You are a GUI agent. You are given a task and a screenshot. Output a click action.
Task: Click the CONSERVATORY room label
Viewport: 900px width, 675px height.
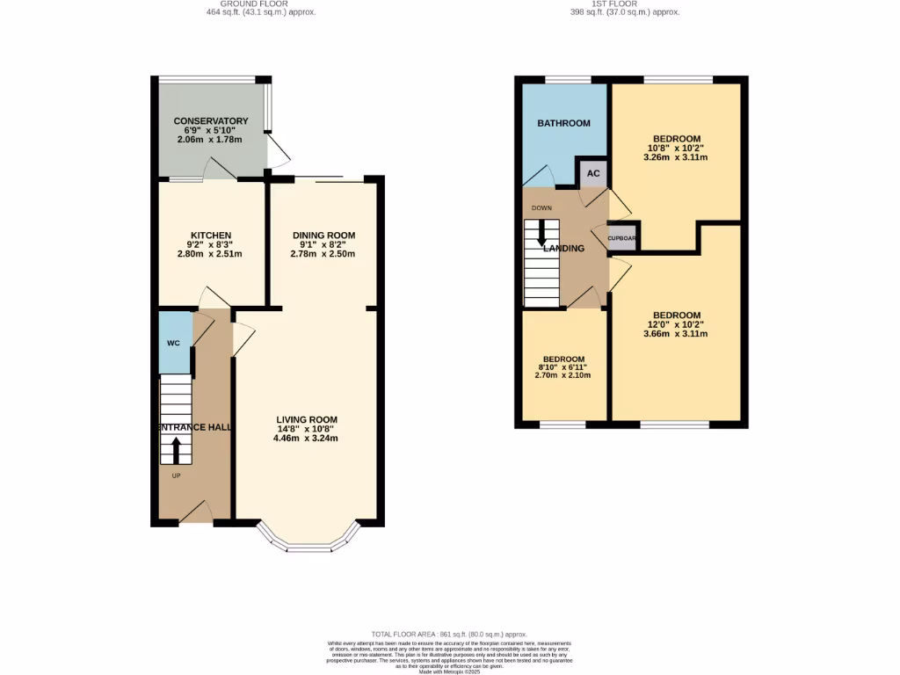(x=210, y=121)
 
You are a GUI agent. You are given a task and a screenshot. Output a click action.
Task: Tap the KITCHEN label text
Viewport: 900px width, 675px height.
(x=209, y=236)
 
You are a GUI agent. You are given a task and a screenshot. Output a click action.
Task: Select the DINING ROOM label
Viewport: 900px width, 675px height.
(x=324, y=236)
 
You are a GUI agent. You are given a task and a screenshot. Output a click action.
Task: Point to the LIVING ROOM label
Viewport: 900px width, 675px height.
(x=306, y=419)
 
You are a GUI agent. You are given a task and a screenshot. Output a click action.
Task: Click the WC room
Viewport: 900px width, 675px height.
(x=174, y=343)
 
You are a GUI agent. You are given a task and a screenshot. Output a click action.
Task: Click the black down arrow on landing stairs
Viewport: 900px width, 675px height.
(x=541, y=232)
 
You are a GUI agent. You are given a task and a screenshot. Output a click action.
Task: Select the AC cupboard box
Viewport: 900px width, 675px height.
(x=593, y=173)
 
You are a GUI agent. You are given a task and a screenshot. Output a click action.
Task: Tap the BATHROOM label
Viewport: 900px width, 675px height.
(x=563, y=123)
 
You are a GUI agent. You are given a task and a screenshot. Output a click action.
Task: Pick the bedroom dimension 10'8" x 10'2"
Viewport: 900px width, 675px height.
(x=676, y=149)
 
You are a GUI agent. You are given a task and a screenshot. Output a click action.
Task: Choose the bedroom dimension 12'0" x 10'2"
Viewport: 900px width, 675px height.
(x=676, y=325)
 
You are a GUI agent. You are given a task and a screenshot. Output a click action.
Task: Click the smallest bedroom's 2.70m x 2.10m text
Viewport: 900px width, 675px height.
(x=563, y=374)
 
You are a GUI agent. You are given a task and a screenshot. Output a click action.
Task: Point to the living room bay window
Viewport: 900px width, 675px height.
(x=308, y=542)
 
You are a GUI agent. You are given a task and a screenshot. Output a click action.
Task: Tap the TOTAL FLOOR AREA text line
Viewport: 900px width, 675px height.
(x=449, y=634)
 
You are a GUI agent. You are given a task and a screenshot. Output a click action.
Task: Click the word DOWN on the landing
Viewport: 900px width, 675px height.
(x=541, y=208)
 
